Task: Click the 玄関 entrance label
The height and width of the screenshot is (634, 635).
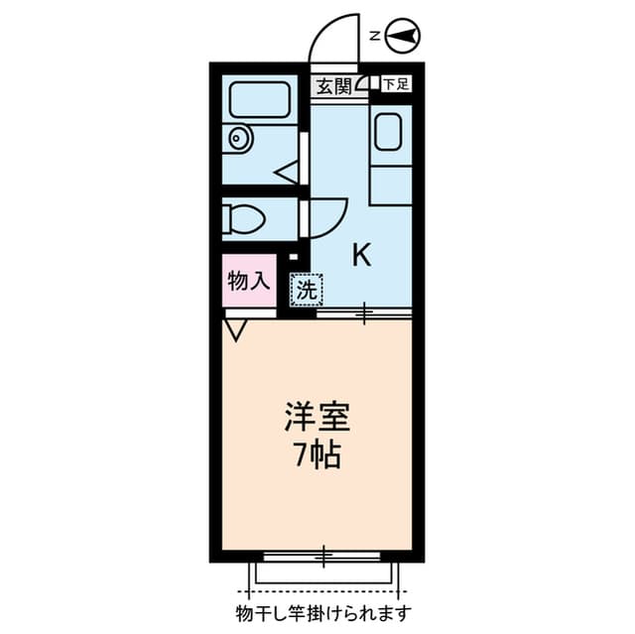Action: point(334,86)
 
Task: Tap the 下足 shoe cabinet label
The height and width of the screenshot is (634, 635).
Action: point(395,84)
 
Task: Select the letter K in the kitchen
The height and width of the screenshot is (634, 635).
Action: point(361,256)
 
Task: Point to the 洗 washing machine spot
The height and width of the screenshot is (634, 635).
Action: point(307,291)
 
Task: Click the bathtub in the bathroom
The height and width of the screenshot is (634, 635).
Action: point(259,99)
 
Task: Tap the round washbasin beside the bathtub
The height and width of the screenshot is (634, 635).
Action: point(237,139)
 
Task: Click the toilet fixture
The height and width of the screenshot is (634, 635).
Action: point(241,216)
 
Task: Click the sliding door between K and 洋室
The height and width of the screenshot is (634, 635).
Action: point(363,314)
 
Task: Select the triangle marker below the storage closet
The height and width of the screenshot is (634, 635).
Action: point(236,329)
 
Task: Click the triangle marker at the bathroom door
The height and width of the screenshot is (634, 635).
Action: point(287,173)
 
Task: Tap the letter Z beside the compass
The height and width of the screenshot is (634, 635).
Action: point(374,37)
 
